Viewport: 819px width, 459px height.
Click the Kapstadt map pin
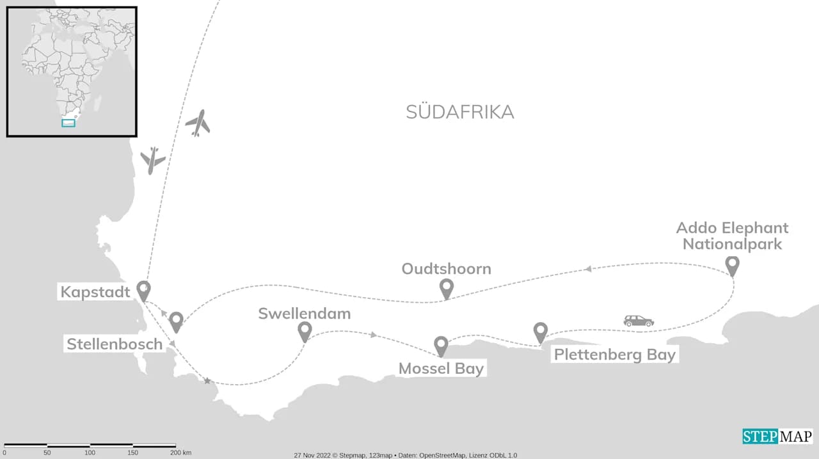pos(143,291)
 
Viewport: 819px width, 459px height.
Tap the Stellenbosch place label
pos(115,344)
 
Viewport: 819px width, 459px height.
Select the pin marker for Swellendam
pos(305,331)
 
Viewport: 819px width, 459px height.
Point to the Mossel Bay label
pos(441,369)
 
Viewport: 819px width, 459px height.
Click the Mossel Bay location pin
pos(441,346)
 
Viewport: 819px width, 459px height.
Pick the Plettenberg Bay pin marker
pos(541,332)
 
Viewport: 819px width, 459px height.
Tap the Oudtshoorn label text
pos(446,269)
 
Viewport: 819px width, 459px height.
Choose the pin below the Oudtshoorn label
pos(447,288)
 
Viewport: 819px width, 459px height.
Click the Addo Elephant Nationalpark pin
pos(732,265)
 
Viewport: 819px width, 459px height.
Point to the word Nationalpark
pos(732,244)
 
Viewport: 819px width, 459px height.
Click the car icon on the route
pos(639,321)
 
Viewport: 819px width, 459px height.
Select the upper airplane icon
pos(198,122)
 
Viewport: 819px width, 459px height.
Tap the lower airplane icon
pos(153,160)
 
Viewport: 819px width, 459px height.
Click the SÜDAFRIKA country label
pos(459,112)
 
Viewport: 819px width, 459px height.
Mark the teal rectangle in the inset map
pos(68,123)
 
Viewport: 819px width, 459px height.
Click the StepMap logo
pos(777,436)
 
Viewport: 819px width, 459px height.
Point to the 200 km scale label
pos(181,453)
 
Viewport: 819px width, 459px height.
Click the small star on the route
pos(207,381)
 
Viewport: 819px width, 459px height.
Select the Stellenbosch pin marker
pos(176,321)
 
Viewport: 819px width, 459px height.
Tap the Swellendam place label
pos(304,314)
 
